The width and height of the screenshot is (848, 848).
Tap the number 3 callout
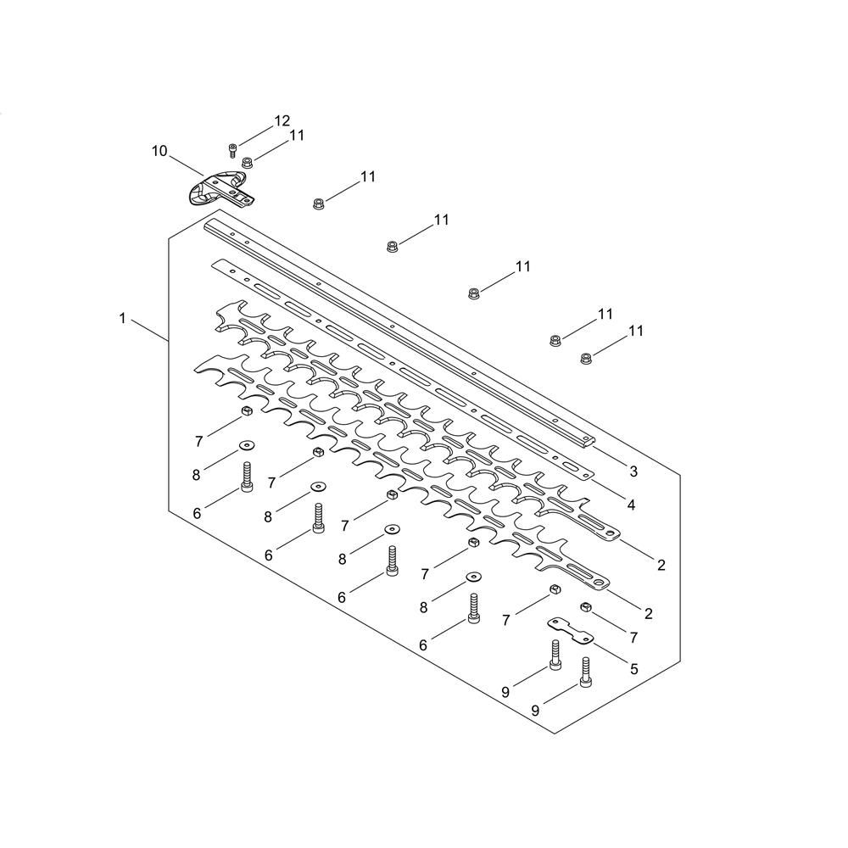pos(633,471)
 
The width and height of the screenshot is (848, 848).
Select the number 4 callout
pos(631,505)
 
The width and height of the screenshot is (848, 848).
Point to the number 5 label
pos(633,669)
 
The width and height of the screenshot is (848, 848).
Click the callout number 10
pos(159,151)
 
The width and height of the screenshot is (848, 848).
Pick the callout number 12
pos(282,120)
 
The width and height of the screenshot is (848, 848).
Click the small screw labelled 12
pos(232,151)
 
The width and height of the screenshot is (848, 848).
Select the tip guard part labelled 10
pos(216,187)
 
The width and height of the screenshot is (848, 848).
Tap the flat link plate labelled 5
pos(569,632)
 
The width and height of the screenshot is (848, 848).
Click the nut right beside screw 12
pos(248,162)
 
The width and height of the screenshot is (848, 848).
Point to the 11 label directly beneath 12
pos(297,135)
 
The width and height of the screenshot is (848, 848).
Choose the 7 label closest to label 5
pos(633,635)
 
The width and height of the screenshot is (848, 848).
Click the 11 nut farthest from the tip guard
pos(586,360)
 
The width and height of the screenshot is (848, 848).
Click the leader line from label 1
pos(149,329)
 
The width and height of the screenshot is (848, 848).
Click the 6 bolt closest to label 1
pos(247,477)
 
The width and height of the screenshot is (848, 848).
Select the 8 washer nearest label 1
pos(246,444)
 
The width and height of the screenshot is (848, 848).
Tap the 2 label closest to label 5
pos(649,613)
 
